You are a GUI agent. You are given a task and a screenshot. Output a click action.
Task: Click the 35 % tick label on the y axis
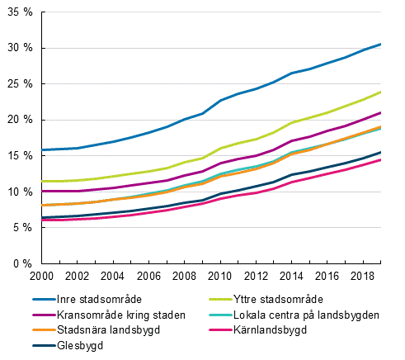19,12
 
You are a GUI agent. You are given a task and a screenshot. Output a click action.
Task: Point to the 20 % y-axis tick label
19,120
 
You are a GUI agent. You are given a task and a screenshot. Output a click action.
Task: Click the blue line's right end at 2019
380,44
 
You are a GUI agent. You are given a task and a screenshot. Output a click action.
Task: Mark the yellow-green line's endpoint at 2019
380,92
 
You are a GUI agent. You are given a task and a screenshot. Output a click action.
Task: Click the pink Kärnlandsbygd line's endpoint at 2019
380,160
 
